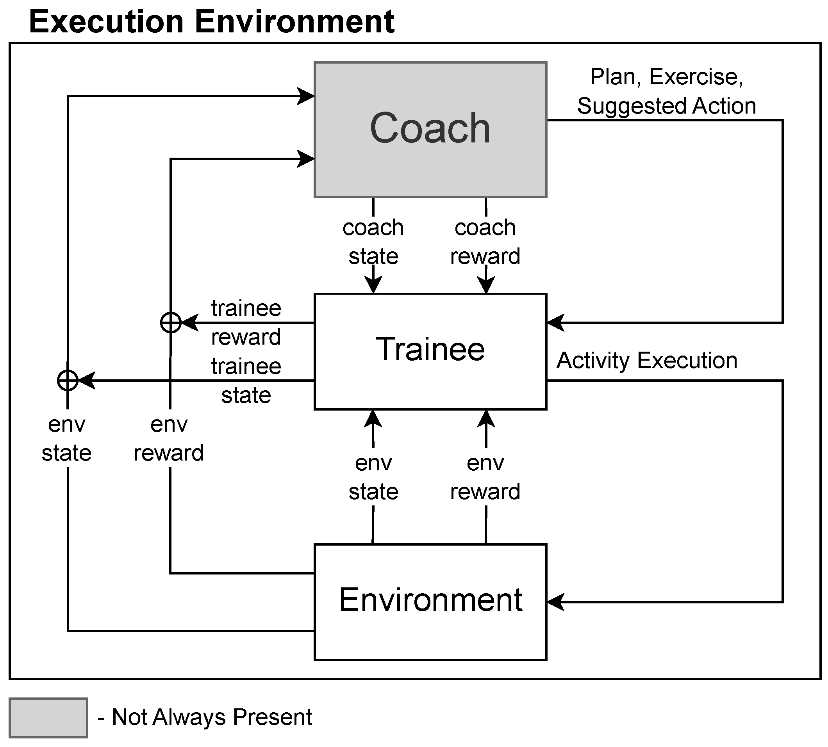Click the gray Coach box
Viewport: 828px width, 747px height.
[430, 130]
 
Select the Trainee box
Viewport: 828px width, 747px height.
[430, 351]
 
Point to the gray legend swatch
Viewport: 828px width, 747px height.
[48, 717]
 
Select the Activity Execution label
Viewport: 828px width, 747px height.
[646, 360]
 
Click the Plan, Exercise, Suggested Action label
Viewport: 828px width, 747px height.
[666, 91]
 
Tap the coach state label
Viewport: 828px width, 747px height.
[373, 242]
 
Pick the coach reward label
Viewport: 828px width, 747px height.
[485, 242]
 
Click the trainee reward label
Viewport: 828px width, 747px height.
[246, 323]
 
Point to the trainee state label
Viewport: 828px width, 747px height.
[246, 381]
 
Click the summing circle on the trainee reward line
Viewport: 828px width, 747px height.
[170, 323]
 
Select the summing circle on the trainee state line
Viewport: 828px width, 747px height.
[68, 381]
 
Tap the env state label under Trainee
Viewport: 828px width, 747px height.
[373, 477]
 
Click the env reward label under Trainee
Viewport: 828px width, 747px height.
[485, 477]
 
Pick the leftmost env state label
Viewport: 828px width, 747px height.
[66, 439]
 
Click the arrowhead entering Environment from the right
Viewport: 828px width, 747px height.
[555, 602]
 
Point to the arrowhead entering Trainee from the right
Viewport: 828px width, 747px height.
[555, 323]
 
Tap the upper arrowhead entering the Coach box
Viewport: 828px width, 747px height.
[306, 96]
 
